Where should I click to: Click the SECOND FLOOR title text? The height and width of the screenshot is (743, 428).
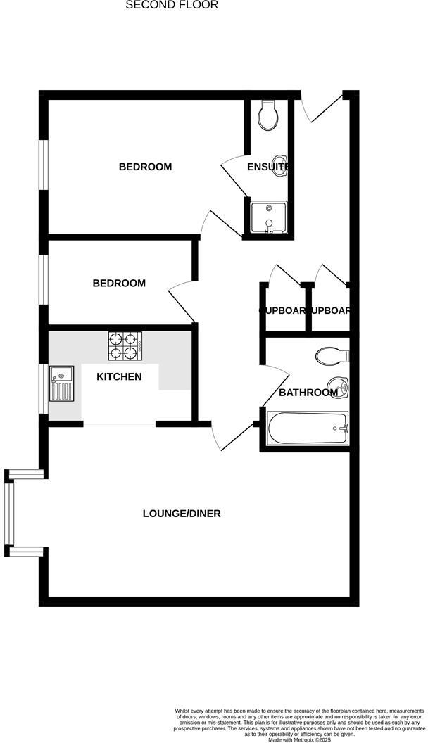pos(172,5)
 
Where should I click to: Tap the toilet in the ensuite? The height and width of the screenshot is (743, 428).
pos(268,116)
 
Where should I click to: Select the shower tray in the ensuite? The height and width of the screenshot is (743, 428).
pos(267,217)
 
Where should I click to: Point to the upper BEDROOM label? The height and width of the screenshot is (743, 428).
pos(145,167)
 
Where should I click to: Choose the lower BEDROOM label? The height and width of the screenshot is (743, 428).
pos(119,283)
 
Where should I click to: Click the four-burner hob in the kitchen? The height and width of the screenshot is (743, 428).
pos(125,345)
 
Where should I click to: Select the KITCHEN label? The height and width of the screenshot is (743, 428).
pos(119,376)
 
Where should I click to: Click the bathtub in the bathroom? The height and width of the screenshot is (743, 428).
pos(308,428)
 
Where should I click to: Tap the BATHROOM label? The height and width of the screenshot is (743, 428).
pos(308,392)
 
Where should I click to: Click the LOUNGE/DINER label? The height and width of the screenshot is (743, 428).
pos(182,513)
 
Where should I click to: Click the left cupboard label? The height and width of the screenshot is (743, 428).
pos(283,310)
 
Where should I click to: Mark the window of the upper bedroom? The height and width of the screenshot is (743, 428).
pos(43,165)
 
